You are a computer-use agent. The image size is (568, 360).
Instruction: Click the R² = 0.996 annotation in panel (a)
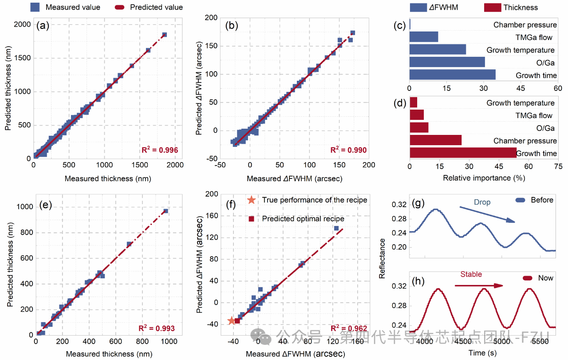pos(160,150)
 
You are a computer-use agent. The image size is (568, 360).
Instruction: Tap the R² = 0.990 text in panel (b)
pos(348,150)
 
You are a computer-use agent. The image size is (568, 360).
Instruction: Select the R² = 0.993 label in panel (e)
pos(156,329)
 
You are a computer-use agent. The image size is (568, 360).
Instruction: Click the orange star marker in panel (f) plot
pos(231,320)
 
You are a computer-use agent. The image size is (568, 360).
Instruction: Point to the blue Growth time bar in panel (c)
pos(452,75)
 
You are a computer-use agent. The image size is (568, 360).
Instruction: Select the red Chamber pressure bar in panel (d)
pos(435,140)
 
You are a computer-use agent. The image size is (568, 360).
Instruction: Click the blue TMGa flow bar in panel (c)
pos(423,37)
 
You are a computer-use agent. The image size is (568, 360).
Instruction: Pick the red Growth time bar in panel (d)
pos(463,153)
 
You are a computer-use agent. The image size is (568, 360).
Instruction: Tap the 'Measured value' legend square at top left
pos(36,7)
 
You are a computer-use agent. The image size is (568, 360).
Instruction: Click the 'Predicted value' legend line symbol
pos(120,7)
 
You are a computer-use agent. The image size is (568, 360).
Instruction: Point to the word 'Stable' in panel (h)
pos(471,274)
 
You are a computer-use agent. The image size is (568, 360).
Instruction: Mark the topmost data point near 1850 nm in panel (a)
pos(164,35)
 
